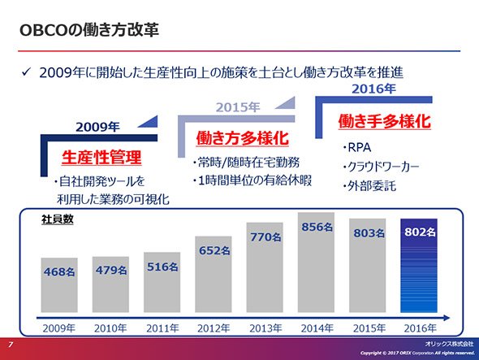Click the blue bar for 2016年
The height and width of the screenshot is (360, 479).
point(418,266)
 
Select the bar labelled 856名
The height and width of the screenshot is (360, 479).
point(316,262)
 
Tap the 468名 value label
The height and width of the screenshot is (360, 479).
point(59,271)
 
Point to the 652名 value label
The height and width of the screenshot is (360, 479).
point(214,250)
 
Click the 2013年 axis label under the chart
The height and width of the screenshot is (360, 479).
point(265,328)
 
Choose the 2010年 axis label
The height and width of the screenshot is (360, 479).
point(110,328)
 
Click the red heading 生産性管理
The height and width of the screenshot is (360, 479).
point(101,158)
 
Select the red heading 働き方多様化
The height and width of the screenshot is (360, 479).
point(242,138)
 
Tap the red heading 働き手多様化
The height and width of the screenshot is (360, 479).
point(384,121)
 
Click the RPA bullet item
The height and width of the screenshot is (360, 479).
point(356,147)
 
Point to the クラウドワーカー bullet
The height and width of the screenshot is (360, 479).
point(381,167)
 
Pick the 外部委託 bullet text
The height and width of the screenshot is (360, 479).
point(369,185)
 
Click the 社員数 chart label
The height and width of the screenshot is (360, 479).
point(58,219)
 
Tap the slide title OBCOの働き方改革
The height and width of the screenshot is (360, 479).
point(89,30)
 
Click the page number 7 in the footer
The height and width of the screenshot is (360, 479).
point(11,345)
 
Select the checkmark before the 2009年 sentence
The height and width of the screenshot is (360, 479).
point(26,72)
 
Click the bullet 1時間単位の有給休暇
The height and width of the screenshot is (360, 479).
point(252,180)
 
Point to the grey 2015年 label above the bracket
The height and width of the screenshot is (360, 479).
point(238,107)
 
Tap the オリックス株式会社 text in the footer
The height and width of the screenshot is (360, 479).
point(449,344)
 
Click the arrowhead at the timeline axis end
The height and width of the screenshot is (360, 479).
point(447,318)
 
